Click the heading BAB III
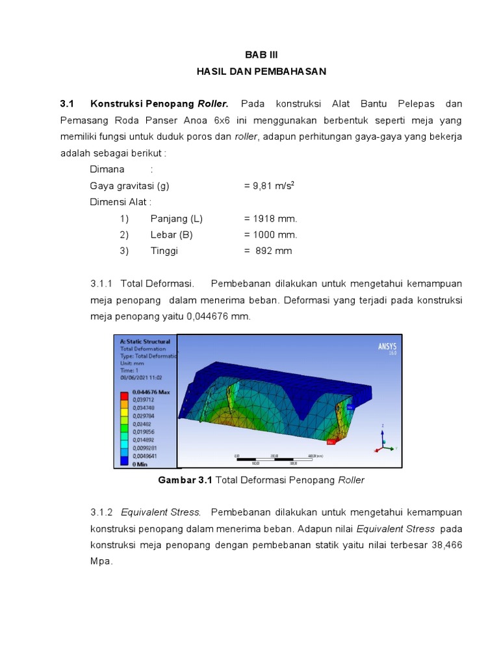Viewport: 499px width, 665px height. pyautogui.click(x=261, y=55)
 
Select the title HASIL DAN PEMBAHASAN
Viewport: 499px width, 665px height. pyautogui.click(x=261, y=71)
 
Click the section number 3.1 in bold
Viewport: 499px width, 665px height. pyautogui.click(x=68, y=104)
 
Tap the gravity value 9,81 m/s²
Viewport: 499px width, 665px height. pyautogui.click(x=269, y=186)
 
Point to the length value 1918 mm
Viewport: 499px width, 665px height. pyautogui.click(x=270, y=218)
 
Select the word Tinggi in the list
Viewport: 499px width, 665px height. pyautogui.click(x=164, y=251)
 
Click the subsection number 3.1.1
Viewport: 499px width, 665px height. pyautogui.click(x=102, y=284)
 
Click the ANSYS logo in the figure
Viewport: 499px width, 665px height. pyautogui.click(x=387, y=347)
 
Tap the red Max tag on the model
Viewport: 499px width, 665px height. pyautogui.click(x=330, y=442)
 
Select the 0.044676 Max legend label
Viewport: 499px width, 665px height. pyautogui.click(x=150, y=392)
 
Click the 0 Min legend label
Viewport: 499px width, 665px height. pyautogui.click(x=141, y=464)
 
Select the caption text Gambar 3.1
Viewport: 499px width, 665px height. pyautogui.click(x=185, y=481)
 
